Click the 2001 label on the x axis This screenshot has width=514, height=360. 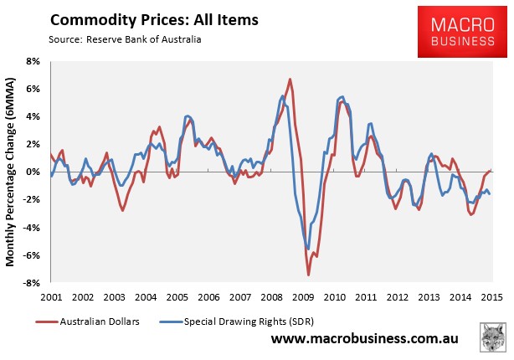[51, 297]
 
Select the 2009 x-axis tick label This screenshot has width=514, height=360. [303, 297]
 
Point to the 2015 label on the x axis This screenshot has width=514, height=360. [492, 297]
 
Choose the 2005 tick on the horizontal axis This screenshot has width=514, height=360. [177, 297]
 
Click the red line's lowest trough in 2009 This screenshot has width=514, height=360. [308, 275]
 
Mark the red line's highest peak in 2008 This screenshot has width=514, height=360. [290, 80]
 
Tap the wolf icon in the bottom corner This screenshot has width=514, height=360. [493, 340]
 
